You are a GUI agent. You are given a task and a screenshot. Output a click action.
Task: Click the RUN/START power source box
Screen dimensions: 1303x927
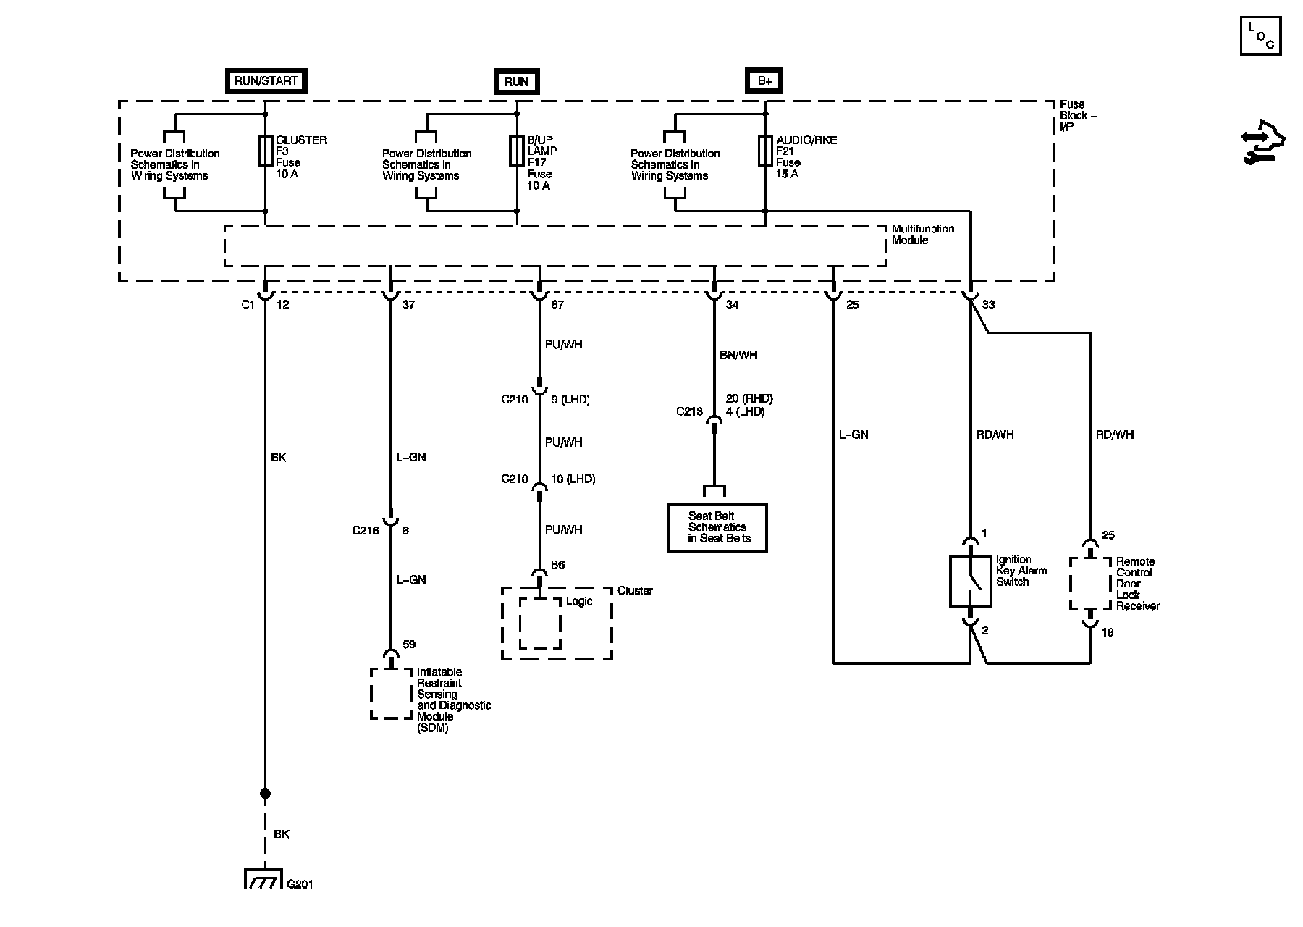266,81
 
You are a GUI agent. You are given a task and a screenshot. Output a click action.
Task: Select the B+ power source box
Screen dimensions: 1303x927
765,81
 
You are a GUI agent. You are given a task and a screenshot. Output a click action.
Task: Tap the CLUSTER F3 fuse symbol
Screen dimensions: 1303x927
265,150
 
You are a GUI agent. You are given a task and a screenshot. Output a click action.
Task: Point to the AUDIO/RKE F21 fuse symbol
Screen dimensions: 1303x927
765,150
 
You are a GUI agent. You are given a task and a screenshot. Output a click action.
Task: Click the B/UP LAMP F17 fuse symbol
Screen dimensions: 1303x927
516,150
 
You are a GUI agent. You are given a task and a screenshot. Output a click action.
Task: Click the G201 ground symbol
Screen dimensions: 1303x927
265,878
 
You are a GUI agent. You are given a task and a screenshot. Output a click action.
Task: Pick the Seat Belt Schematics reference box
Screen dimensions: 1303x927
717,527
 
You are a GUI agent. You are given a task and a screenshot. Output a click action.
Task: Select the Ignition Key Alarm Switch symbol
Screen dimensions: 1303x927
970,581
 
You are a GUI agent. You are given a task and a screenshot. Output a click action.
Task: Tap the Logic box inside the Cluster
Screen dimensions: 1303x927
540,623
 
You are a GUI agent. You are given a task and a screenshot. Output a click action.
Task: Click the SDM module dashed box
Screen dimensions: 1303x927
392,693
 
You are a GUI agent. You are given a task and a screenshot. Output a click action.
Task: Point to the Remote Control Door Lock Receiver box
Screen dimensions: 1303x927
1090,583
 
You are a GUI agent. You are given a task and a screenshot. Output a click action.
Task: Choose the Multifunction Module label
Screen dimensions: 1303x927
922,235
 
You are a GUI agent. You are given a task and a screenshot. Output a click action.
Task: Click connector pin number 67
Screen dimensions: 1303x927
557,305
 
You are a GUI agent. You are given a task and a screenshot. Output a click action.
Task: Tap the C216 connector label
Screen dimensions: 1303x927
366,531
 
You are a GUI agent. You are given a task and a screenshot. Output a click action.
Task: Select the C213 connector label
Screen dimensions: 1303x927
689,411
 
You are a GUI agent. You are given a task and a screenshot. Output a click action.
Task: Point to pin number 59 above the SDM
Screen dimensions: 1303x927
409,645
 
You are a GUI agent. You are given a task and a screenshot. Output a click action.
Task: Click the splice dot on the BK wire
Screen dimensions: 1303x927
265,794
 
